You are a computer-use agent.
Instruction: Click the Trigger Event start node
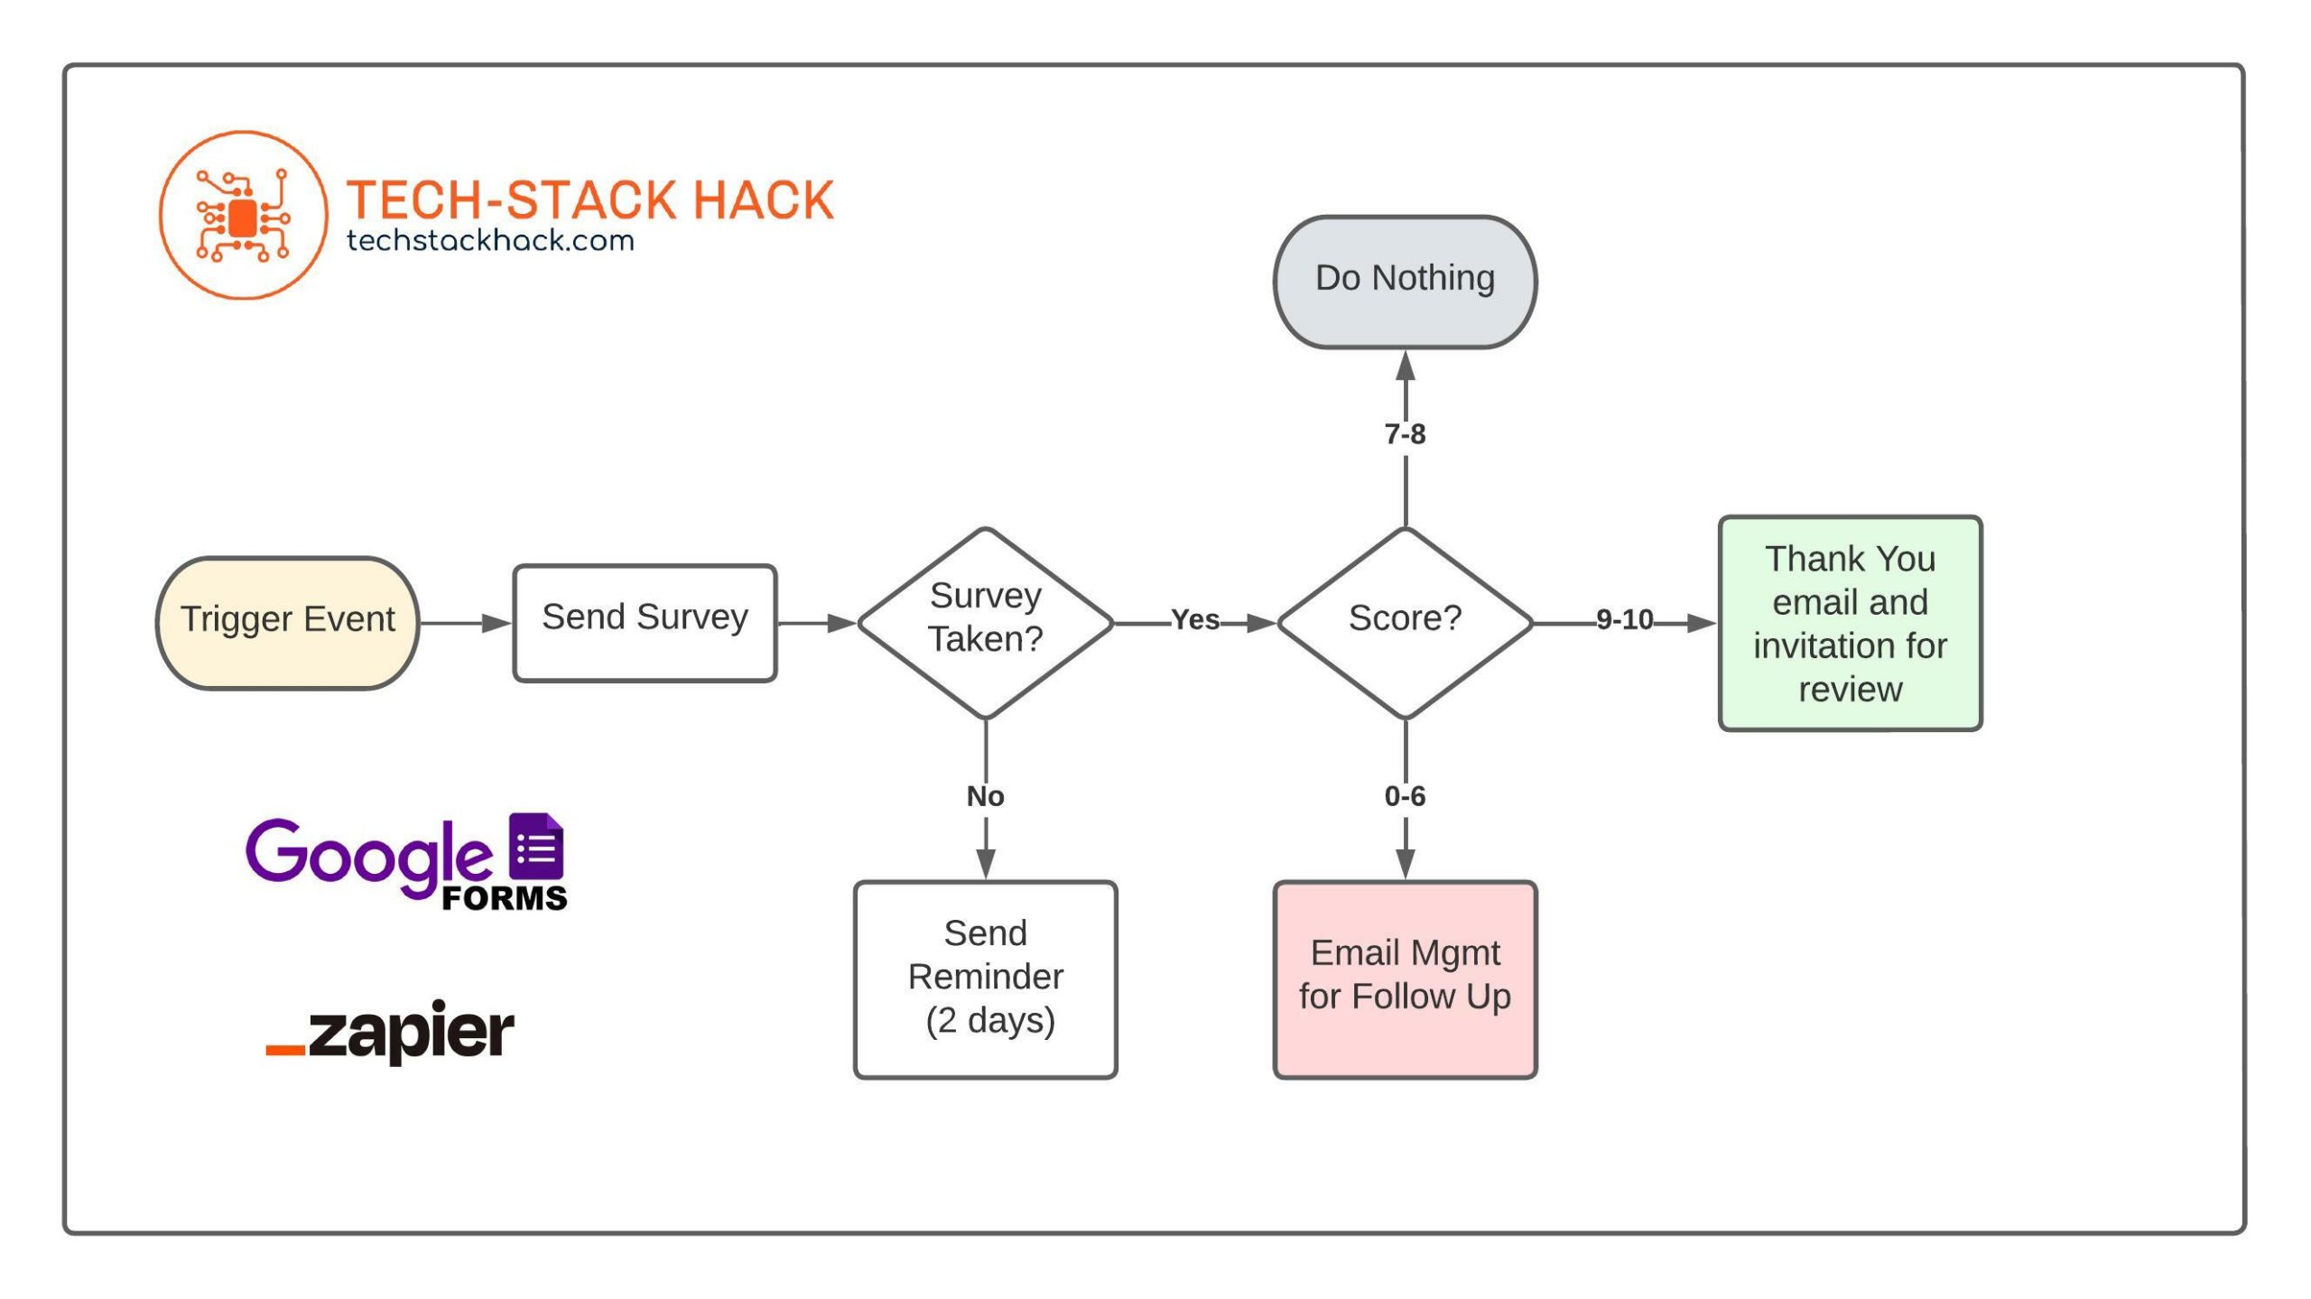287,623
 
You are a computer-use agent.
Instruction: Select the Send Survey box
645,623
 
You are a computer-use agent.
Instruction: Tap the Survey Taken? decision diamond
985,623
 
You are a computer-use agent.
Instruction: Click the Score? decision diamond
1405,623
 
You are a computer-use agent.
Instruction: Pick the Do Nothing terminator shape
1405,281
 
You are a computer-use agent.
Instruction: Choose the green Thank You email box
1850,623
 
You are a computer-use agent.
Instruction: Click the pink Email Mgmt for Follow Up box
1405,979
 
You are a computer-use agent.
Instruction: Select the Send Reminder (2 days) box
985,979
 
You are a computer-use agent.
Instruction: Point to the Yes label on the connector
1195,620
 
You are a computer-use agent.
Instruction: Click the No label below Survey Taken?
985,796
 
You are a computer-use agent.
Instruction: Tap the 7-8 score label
1405,434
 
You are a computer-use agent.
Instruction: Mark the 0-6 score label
1405,796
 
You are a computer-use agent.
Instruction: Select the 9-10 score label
1624,620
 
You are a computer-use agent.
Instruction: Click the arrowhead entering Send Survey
497,623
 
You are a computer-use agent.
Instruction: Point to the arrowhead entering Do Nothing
1405,366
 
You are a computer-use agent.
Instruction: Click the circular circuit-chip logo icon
243,215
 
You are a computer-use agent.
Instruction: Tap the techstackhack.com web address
490,241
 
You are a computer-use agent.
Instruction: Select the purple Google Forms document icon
536,847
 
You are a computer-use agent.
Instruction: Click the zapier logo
391,1031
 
